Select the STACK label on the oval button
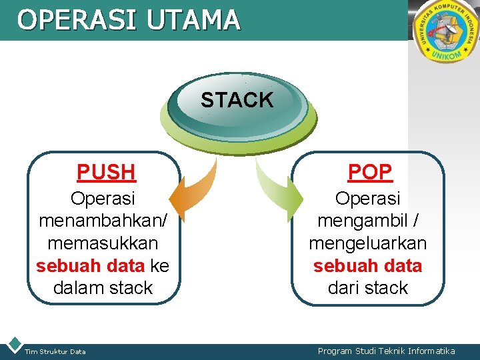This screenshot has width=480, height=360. (237, 100)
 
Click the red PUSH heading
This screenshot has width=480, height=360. (106, 172)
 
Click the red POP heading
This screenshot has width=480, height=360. (370, 172)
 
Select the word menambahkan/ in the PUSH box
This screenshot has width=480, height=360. (103, 221)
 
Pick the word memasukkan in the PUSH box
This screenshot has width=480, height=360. (103, 243)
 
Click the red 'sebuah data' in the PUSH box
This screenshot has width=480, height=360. (90, 265)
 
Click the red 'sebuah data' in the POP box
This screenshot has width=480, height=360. (367, 265)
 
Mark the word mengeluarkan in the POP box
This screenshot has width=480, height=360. (367, 243)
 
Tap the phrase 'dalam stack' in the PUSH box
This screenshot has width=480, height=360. (103, 288)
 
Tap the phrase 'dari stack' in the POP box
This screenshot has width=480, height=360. (367, 288)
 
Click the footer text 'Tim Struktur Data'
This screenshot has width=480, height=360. (55, 351)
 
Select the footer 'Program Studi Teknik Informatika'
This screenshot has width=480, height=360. (386, 351)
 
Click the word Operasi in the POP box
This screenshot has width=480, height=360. (367, 199)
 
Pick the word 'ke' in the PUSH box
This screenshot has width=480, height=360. (160, 265)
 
